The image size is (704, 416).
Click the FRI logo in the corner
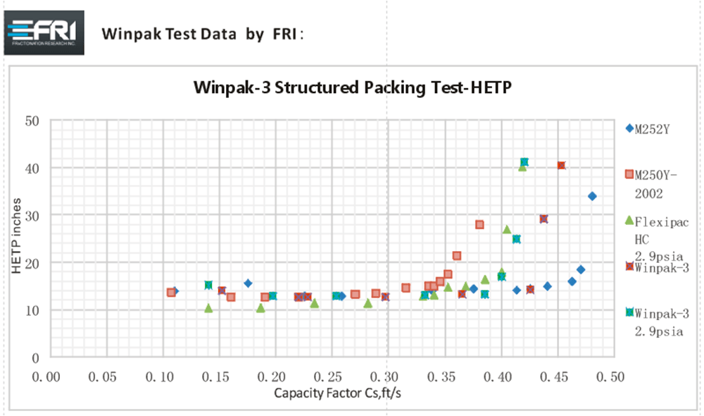pyautogui.click(x=44, y=32)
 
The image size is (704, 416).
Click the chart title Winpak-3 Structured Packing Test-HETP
pyautogui.click(x=351, y=88)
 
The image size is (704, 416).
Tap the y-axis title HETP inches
pyautogui.click(x=18, y=239)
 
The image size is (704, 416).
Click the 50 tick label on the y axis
pyautogui.click(x=32, y=121)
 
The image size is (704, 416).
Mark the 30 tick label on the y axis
pyautogui.click(x=32, y=215)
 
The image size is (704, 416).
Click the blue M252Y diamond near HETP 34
pyautogui.click(x=592, y=196)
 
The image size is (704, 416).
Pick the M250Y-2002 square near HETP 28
pyautogui.click(x=479, y=224)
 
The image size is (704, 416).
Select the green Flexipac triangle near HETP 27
pyautogui.click(x=507, y=229)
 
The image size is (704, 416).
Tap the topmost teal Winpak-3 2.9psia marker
pyautogui.click(x=524, y=162)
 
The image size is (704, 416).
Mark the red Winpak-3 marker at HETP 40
pyautogui.click(x=561, y=165)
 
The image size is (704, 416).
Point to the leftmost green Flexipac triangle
pyautogui.click(x=208, y=307)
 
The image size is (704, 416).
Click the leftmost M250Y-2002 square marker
pyautogui.click(x=171, y=292)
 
